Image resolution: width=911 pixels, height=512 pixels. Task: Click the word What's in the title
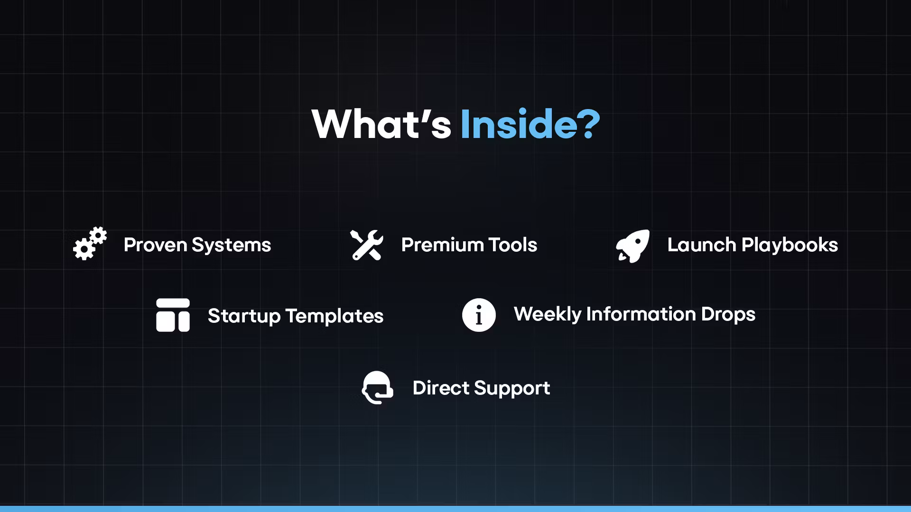pyautogui.click(x=381, y=124)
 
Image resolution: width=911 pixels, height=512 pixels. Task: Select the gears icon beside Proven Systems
pyautogui.click(x=90, y=244)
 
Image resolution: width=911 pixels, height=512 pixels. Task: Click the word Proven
pyautogui.click(x=155, y=245)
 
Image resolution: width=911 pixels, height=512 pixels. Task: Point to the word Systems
pyautogui.click(x=231, y=245)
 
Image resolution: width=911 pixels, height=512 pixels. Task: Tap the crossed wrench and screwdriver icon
pyautogui.click(x=367, y=245)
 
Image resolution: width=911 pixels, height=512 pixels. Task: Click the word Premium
pyautogui.click(x=442, y=245)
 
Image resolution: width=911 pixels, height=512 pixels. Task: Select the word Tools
pyautogui.click(x=512, y=245)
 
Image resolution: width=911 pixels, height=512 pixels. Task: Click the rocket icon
pyautogui.click(x=632, y=246)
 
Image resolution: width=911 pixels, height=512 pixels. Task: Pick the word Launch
pyautogui.click(x=701, y=245)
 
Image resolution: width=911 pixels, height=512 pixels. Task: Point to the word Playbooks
pyautogui.click(x=790, y=245)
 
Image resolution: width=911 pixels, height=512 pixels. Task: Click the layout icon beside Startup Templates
pyautogui.click(x=173, y=315)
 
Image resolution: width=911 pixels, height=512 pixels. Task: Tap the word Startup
pyautogui.click(x=244, y=316)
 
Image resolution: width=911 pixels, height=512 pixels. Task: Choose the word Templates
pyautogui.click(x=335, y=316)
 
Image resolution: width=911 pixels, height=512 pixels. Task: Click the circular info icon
pyautogui.click(x=479, y=315)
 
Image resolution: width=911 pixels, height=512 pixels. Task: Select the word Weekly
pyautogui.click(x=547, y=314)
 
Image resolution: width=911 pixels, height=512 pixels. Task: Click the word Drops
pyautogui.click(x=728, y=314)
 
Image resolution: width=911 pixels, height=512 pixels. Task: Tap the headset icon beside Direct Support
pyautogui.click(x=378, y=387)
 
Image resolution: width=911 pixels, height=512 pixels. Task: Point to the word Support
pyautogui.click(x=512, y=388)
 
